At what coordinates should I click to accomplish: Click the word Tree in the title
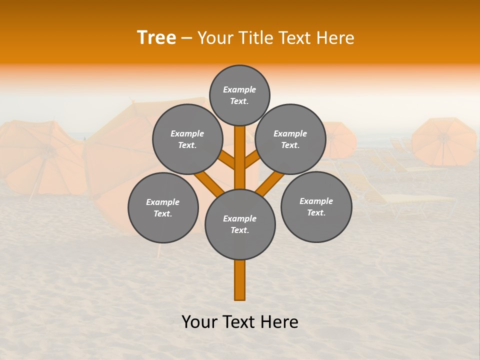tap(156, 38)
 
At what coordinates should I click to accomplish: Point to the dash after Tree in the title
tap(186, 38)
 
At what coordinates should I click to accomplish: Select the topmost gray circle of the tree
tap(239, 95)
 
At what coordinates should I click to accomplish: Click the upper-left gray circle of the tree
tap(187, 139)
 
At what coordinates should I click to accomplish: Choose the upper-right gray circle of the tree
tap(290, 139)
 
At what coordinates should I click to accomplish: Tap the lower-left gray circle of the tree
tap(163, 207)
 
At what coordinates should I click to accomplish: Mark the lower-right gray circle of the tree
tap(316, 206)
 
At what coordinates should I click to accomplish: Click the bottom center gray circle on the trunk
tap(240, 224)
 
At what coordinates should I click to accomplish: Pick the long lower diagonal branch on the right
tap(270, 182)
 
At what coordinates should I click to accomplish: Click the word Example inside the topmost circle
tap(239, 89)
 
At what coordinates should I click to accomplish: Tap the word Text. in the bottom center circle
tap(239, 230)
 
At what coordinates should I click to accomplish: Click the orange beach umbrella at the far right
tap(444, 141)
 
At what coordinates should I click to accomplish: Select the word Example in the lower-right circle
tap(316, 201)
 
